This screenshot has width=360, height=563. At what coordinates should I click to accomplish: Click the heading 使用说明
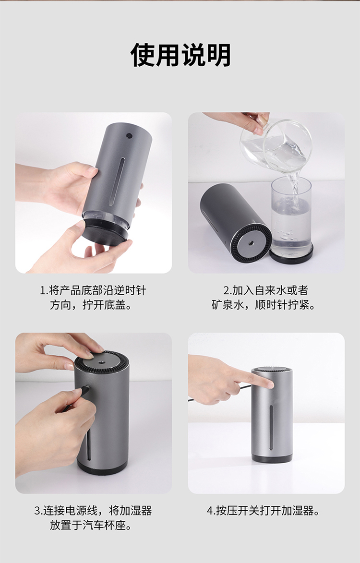click(180, 55)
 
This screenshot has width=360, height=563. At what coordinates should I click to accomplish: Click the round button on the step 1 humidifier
click(128, 137)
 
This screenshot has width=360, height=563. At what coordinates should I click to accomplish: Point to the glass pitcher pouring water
click(276, 145)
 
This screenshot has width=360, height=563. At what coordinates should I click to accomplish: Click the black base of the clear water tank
click(291, 254)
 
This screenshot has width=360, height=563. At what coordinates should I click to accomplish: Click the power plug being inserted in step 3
click(85, 390)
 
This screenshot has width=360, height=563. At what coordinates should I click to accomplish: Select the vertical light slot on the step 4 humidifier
click(271, 428)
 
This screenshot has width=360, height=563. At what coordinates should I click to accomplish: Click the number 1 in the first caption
click(42, 290)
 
